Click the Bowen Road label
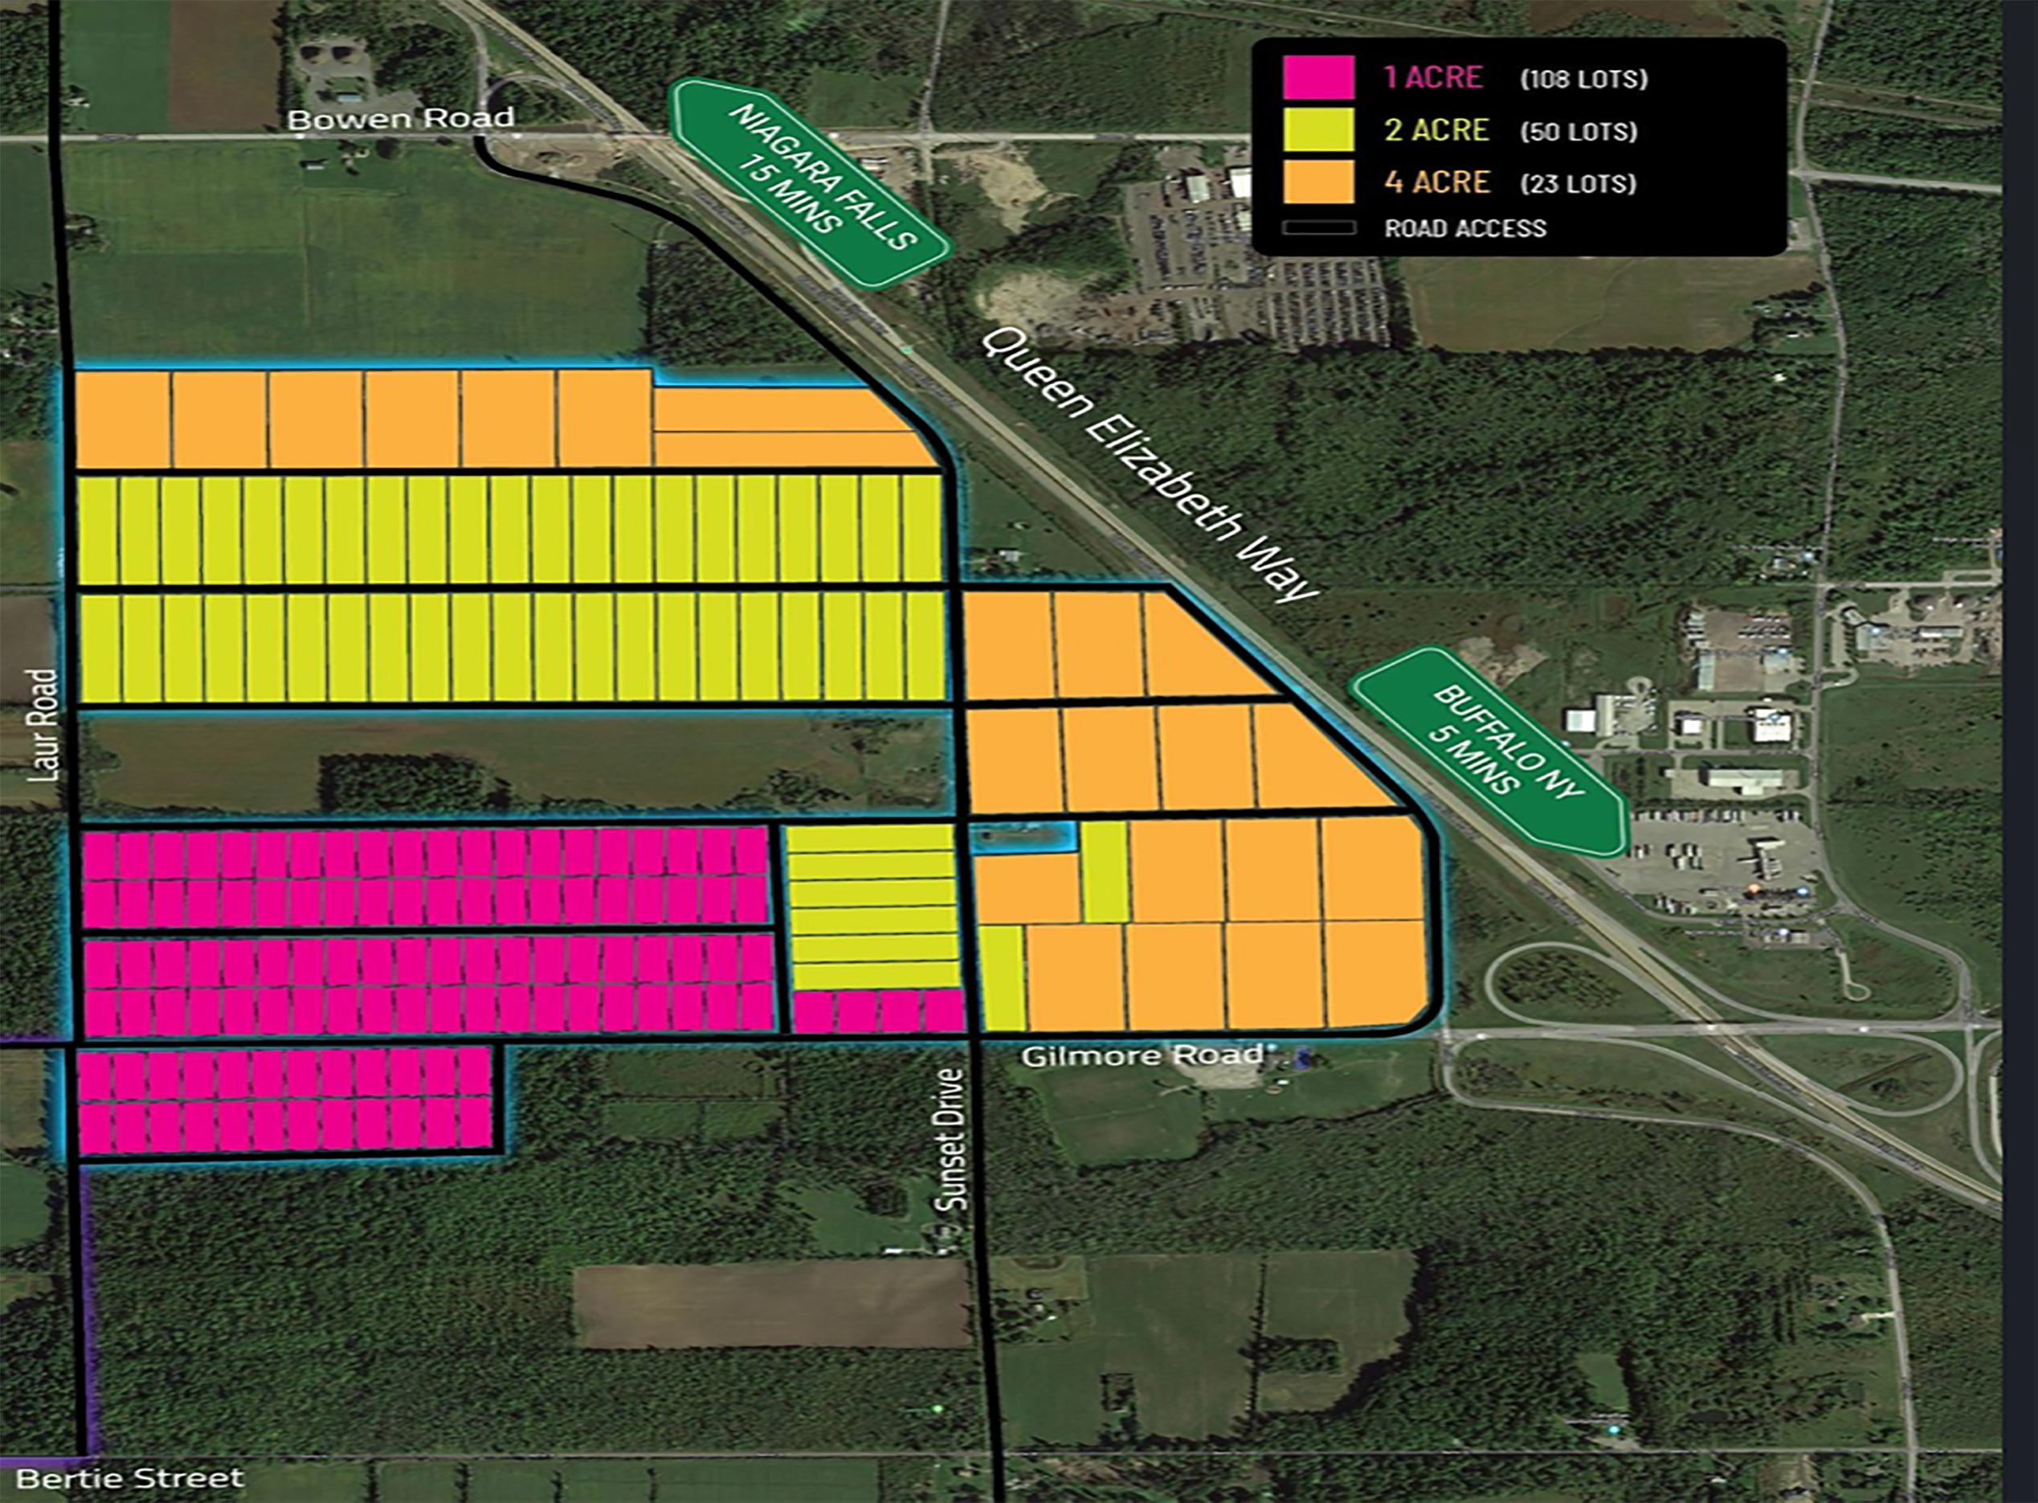400,118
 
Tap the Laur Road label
43,725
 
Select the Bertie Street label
130,1477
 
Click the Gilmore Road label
1142,1056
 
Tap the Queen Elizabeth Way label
1150,465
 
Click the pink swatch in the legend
1317,77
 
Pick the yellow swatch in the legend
1317,130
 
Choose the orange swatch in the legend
1317,182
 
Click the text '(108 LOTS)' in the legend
1583,79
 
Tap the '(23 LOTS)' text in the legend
1578,184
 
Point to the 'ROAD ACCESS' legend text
1465,228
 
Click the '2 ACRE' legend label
1436,130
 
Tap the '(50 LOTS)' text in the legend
1578,132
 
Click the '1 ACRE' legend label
1433,77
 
